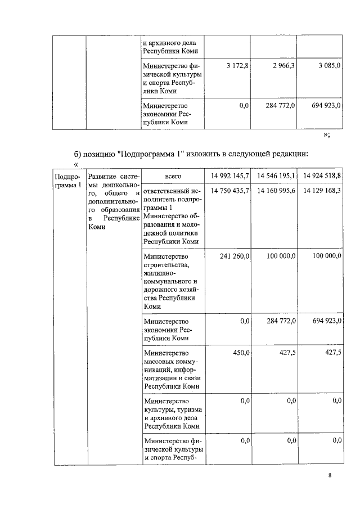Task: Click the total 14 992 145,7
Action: tap(229, 176)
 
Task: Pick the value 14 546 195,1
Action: tap(276, 176)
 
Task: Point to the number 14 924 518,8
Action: tap(322, 176)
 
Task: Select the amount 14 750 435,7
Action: tap(229, 191)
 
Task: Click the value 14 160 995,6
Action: tap(276, 191)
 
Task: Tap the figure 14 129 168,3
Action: tap(322, 191)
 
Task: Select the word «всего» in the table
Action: tap(173, 176)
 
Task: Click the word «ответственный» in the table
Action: tap(169, 191)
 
